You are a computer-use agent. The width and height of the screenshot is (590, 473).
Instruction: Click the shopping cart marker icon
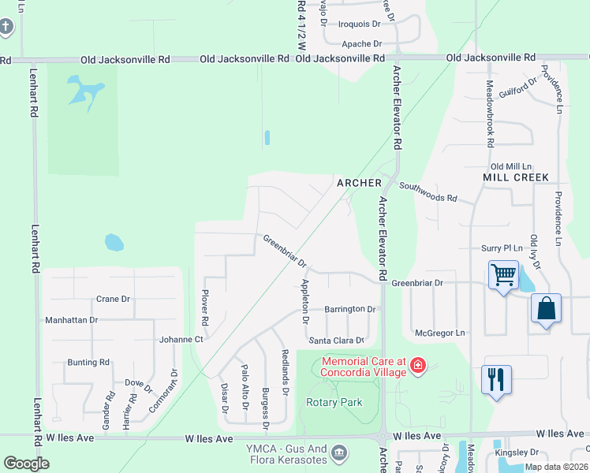click(x=503, y=276)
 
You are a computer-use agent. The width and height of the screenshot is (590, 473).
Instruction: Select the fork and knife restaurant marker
click(x=496, y=380)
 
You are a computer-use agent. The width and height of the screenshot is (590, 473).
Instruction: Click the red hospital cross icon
click(x=417, y=366)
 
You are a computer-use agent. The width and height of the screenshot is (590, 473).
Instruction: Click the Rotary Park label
click(x=334, y=402)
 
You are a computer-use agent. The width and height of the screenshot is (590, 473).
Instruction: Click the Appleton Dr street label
click(x=305, y=301)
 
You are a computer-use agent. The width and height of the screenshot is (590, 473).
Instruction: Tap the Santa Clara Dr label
click(x=337, y=341)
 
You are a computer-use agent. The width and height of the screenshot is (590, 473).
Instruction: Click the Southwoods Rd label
click(x=428, y=192)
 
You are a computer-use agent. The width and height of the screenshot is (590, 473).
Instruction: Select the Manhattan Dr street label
click(x=71, y=320)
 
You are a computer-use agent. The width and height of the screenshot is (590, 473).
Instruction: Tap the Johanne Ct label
click(x=181, y=340)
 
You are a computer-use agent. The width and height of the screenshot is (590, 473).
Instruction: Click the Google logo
click(x=26, y=464)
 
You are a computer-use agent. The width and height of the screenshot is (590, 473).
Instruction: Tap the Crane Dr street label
click(x=113, y=299)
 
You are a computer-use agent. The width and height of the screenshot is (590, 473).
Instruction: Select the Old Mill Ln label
click(x=511, y=166)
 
